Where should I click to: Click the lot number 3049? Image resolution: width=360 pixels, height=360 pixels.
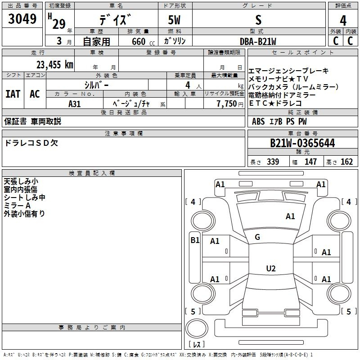(22, 18)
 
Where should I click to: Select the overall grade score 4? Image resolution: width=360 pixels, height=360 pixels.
(343, 20)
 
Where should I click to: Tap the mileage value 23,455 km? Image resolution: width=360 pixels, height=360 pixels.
(55, 65)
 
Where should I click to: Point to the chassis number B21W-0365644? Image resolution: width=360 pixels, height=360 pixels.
(302, 143)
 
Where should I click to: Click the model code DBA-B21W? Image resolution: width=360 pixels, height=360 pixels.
(258, 41)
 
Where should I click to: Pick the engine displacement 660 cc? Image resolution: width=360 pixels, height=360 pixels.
(143, 42)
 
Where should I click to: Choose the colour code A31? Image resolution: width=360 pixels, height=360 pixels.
(74, 104)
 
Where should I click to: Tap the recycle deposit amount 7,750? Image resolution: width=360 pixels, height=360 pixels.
(227, 103)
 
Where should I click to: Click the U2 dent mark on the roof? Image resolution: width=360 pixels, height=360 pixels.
(271, 268)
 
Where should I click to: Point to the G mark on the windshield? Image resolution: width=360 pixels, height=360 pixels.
(257, 237)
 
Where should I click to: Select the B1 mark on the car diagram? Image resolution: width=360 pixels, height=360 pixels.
(195, 240)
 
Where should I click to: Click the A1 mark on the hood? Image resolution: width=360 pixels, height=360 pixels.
(290, 216)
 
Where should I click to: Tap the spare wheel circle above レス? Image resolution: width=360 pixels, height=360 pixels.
(197, 328)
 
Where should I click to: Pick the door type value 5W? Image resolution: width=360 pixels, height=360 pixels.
(174, 20)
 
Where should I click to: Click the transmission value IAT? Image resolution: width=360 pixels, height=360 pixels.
(13, 94)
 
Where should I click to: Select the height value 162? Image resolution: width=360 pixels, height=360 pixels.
(346, 162)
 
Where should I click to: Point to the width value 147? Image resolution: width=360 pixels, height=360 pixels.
(310, 162)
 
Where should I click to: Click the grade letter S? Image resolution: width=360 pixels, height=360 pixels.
(258, 20)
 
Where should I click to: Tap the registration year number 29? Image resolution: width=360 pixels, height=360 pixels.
(59, 24)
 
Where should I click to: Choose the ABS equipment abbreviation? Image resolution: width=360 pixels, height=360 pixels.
(258, 121)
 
